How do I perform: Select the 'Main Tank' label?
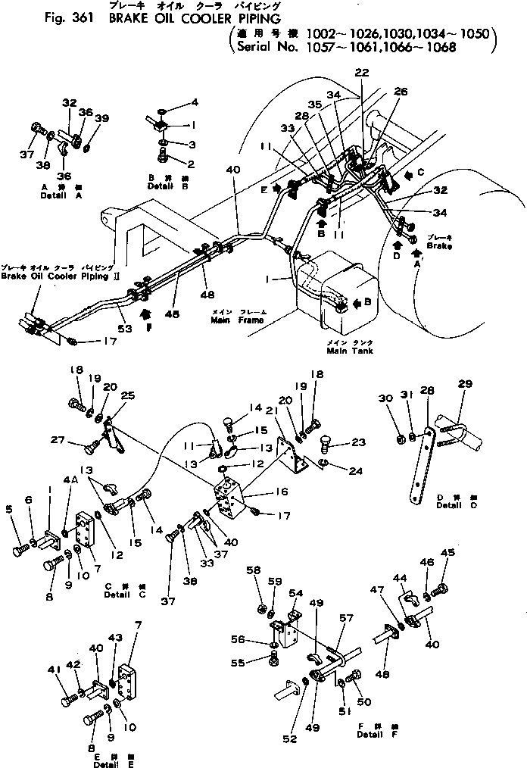[x=349, y=351]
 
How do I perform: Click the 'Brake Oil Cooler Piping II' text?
[x=57, y=276]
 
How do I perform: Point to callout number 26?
[x=401, y=92]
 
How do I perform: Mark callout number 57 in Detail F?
[x=345, y=618]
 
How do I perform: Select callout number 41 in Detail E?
[x=53, y=669]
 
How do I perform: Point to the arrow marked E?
[x=277, y=187]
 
